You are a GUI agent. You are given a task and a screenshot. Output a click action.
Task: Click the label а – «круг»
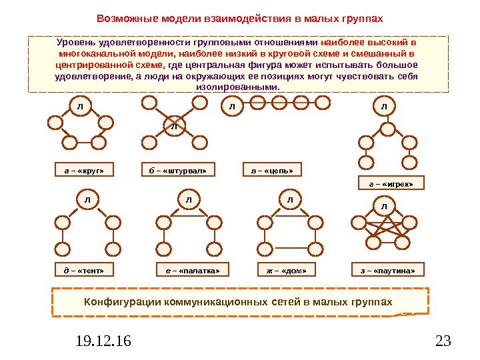pyautogui.click(x=85, y=171)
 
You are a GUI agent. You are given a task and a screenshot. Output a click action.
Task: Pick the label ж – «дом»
pyautogui.click(x=287, y=270)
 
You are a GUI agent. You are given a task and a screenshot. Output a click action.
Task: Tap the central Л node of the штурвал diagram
pyautogui.click(x=174, y=125)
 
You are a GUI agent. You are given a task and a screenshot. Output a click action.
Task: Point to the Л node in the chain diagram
pyautogui.click(x=233, y=105)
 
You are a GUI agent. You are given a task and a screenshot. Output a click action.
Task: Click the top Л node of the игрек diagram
pyautogui.click(x=384, y=105)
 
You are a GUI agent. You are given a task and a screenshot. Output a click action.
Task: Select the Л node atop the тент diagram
pyautogui.click(x=87, y=199)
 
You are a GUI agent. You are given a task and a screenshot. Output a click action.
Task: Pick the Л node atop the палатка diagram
pyautogui.click(x=189, y=199)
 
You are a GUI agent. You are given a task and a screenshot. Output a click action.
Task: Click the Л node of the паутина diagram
pyautogui.click(x=384, y=206)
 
